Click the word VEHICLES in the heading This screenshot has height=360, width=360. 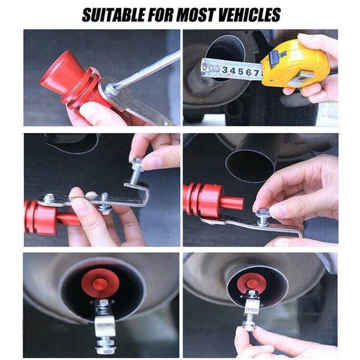pos(249,15)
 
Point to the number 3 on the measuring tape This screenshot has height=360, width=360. pos(225,70)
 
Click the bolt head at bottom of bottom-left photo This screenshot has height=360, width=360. pos(105,351)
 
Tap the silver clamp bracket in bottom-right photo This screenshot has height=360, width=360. pos(252,306)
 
